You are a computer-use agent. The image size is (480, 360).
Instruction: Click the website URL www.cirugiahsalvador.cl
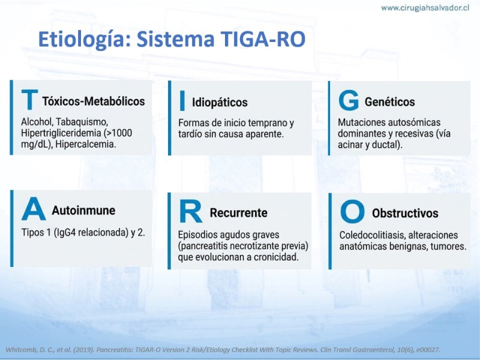(x=425, y=8)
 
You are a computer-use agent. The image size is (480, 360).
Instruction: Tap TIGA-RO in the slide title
(x=263, y=39)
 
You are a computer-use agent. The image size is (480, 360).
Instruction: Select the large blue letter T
(x=29, y=100)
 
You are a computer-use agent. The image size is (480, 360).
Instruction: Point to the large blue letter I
(x=182, y=100)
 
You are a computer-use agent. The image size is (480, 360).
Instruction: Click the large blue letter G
(x=349, y=100)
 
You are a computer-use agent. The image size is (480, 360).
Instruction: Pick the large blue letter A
(x=34, y=209)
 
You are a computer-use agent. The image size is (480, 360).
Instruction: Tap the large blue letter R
(x=190, y=211)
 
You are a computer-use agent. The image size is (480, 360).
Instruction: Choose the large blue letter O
(x=352, y=212)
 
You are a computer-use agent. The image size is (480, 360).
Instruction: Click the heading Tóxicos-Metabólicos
(x=94, y=101)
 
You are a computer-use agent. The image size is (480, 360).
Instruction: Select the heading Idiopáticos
(x=220, y=103)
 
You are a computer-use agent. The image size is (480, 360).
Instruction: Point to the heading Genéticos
(x=389, y=101)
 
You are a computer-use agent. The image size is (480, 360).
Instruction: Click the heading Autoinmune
(x=83, y=211)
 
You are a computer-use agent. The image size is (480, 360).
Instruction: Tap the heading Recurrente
(x=238, y=213)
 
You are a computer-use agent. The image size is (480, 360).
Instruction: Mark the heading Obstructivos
(x=405, y=214)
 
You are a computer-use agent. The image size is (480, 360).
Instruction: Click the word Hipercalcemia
(x=86, y=144)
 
